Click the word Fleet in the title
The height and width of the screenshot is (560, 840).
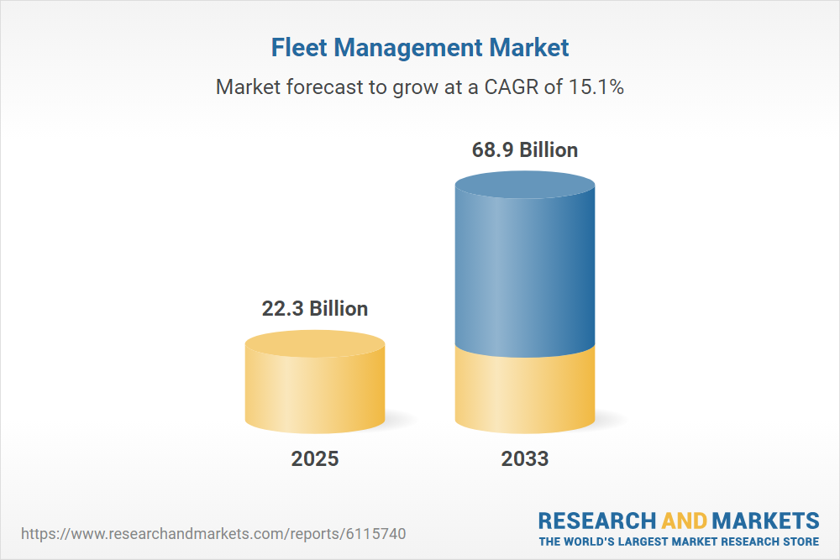[299, 48]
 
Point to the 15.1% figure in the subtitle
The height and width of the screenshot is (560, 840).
[596, 86]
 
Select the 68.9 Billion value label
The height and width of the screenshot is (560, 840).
[525, 150]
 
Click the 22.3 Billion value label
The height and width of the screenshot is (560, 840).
[315, 308]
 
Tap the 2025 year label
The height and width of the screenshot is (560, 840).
[315, 459]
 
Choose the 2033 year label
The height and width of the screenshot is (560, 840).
[525, 459]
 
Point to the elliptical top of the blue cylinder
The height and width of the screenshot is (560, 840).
[525, 184]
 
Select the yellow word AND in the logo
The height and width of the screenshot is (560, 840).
[685, 521]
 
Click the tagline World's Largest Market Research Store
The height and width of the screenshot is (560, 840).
[679, 542]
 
